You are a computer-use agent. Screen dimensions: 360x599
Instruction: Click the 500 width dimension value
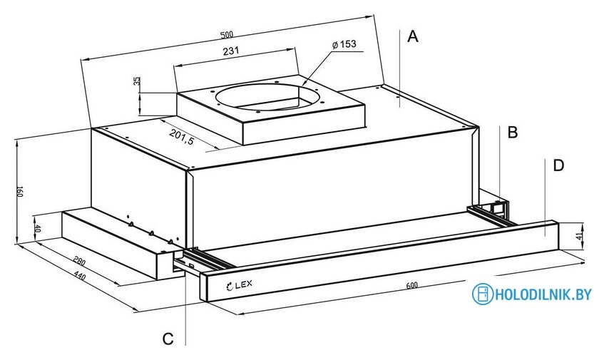tap(227, 35)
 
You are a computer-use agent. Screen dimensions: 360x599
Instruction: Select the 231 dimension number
tap(230, 51)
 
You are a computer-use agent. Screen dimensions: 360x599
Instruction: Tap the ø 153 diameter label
tap(344, 45)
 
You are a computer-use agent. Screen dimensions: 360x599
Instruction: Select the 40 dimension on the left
tap(38, 230)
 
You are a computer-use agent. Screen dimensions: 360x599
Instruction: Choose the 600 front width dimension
tap(411, 287)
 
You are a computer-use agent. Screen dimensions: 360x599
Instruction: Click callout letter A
tap(412, 37)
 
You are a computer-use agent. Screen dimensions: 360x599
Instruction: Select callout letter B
tap(512, 132)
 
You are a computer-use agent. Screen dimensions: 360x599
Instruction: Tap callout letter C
tap(168, 339)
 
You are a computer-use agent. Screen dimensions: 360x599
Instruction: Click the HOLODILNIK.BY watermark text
tap(544, 294)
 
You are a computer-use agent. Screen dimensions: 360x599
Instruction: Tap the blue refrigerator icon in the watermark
tap(483, 294)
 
